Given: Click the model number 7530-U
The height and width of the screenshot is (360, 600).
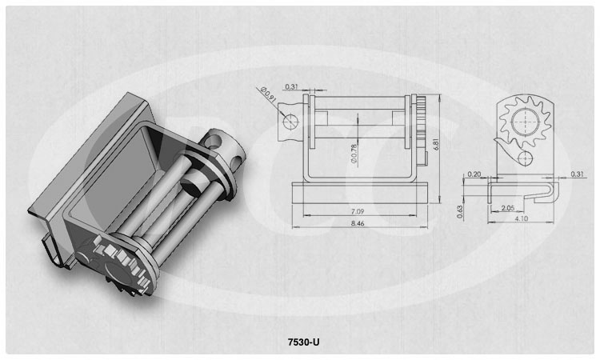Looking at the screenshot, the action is click(x=303, y=342).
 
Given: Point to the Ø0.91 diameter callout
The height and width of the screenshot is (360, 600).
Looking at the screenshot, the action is click(x=268, y=94).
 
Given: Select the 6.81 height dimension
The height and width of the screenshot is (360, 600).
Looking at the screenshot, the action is click(x=437, y=144).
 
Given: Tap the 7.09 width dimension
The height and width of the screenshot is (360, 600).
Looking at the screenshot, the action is click(x=358, y=211).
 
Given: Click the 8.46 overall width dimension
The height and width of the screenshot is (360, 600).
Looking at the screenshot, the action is click(x=358, y=223).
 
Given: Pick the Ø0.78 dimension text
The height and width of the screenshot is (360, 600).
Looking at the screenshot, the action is click(x=354, y=154).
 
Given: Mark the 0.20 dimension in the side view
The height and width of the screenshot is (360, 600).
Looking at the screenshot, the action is click(x=474, y=174).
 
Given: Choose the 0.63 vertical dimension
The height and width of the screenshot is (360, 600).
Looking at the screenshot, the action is click(x=460, y=211).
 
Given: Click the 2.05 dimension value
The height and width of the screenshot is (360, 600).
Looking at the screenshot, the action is click(x=507, y=208).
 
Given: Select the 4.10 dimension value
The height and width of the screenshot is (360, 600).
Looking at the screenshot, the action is click(x=522, y=218).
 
